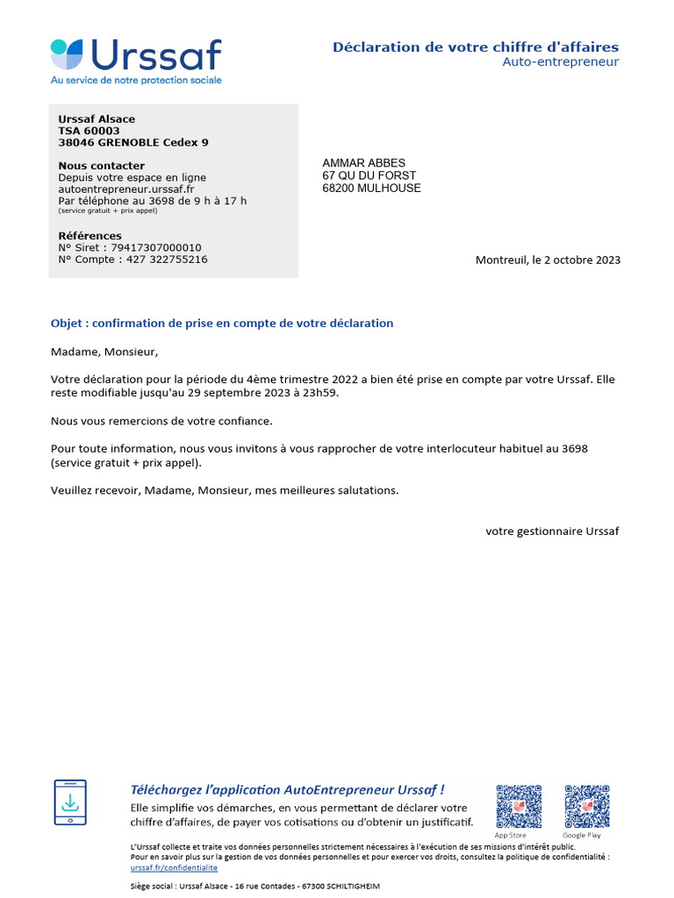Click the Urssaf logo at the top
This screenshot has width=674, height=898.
pyautogui.click(x=136, y=61)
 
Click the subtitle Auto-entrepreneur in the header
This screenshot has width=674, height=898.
pyautogui.click(x=560, y=62)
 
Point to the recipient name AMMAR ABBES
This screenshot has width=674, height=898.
pyautogui.click(x=363, y=163)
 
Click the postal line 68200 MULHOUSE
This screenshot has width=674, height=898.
pyautogui.click(x=371, y=188)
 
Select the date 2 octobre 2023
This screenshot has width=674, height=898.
pyautogui.click(x=583, y=260)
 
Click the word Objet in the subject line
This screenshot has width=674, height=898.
pyautogui.click(x=66, y=324)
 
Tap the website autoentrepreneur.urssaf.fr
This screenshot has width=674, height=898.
pyautogui.click(x=126, y=189)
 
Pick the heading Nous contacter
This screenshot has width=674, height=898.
pyautogui.click(x=101, y=166)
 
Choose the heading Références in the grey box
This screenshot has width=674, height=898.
pyautogui.click(x=90, y=236)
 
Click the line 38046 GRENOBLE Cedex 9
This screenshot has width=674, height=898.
pyautogui.click(x=133, y=142)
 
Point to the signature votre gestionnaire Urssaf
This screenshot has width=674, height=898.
pyautogui.click(x=552, y=531)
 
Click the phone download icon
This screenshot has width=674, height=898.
pyautogui.click(x=70, y=802)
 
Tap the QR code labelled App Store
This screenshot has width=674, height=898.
pyautogui.click(x=519, y=807)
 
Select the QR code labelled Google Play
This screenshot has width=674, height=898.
pyautogui.click(x=587, y=807)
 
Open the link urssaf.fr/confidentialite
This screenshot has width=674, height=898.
pyautogui.click(x=174, y=867)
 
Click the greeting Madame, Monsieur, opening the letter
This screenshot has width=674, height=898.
pyautogui.click(x=104, y=353)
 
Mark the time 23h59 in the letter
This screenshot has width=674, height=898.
pyautogui.click(x=319, y=393)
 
